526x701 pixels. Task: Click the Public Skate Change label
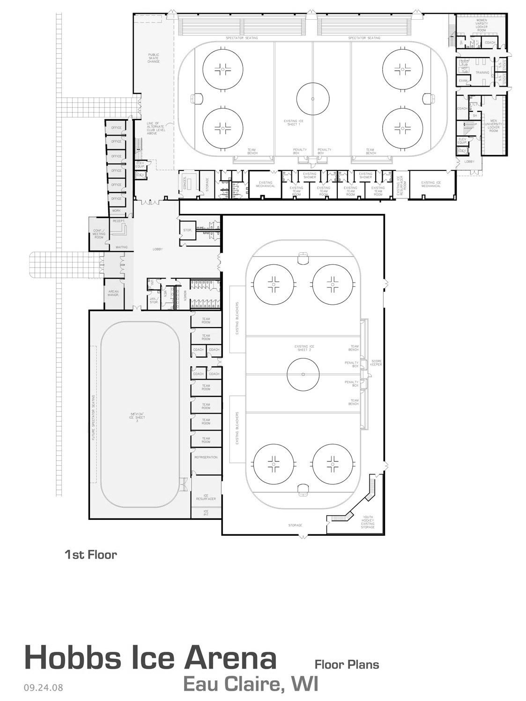click(154, 58)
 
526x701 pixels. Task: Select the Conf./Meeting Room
click(98, 234)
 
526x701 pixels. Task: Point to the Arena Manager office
click(113, 294)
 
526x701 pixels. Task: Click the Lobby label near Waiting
click(158, 249)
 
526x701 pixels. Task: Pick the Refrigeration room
click(206, 457)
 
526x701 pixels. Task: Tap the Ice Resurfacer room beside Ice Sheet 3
click(206, 497)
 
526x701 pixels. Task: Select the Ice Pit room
click(206, 513)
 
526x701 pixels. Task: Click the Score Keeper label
click(377, 363)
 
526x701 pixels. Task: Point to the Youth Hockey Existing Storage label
click(368, 523)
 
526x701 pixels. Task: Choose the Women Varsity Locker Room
click(482, 26)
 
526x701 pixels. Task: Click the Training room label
click(482, 73)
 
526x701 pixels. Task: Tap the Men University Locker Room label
click(494, 126)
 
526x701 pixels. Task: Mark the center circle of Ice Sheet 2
click(303, 374)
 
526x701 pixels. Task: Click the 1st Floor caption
click(90, 555)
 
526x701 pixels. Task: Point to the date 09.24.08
click(43, 688)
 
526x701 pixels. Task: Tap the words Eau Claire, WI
click(251, 683)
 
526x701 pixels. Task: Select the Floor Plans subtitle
click(347, 664)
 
